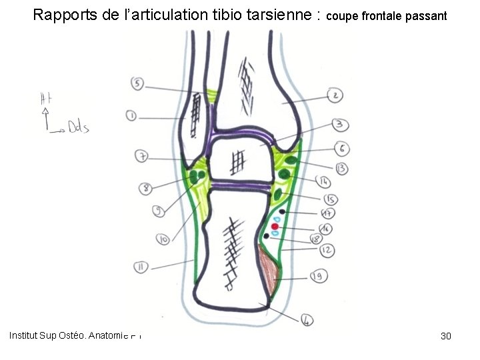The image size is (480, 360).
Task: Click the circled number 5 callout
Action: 137,84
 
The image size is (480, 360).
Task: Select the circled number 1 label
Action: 131,116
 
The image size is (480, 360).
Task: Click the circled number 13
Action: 342,168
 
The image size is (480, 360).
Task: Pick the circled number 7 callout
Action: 141,157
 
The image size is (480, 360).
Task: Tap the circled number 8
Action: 145,189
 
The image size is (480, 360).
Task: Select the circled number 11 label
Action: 140,267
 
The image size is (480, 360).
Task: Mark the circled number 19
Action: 318,274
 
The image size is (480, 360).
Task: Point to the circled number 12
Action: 327,250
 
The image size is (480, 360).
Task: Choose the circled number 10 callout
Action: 162,238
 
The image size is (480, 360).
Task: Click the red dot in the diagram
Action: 274,227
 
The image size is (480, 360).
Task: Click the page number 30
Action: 446,336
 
